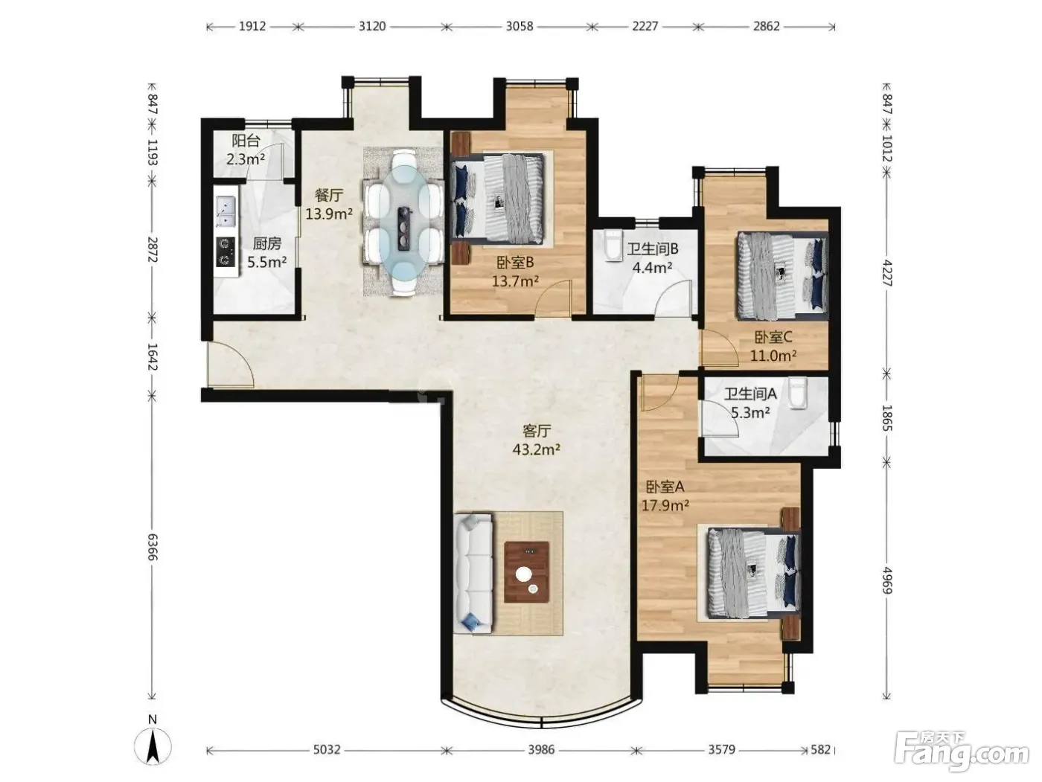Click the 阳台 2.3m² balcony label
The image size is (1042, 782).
click(x=246, y=150)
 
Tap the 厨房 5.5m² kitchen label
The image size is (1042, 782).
click(x=266, y=252)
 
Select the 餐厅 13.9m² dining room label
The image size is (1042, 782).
click(x=328, y=205)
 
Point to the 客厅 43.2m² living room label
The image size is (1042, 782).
click(x=537, y=440)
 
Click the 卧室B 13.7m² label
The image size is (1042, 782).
click(x=516, y=272)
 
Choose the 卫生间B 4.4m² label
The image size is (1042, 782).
click(x=652, y=257)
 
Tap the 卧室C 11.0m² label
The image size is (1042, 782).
click(x=773, y=346)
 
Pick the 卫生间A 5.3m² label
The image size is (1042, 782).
click(x=750, y=403)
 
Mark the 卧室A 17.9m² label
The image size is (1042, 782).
click(x=665, y=496)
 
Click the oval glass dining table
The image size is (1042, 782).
click(x=404, y=223)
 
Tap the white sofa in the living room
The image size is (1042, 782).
click(x=473, y=573)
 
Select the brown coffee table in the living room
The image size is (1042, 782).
click(x=526, y=572)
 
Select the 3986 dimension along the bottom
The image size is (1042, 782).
click(x=542, y=749)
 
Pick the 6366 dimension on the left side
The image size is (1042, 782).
click(x=152, y=547)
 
